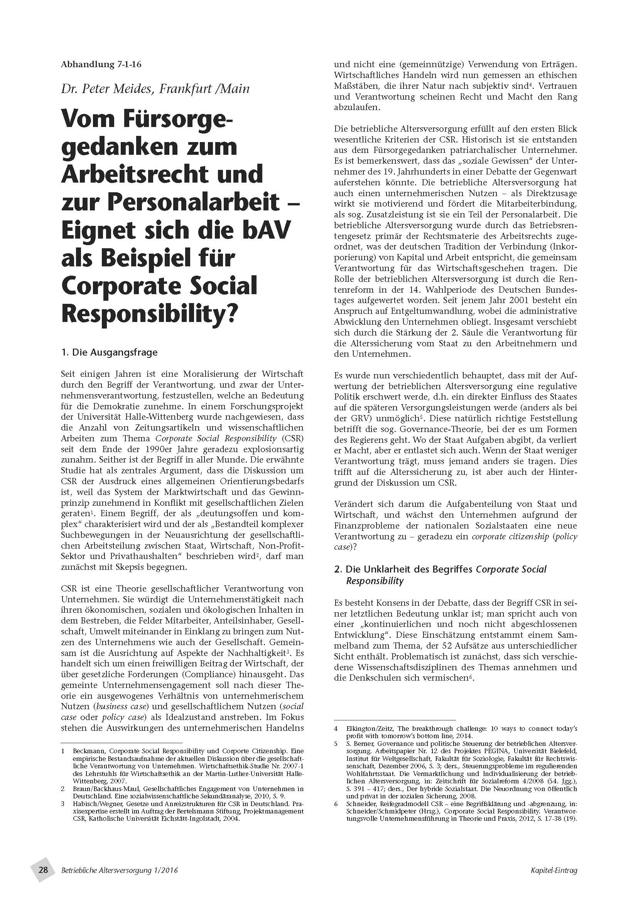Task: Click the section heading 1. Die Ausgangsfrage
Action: click(x=109, y=352)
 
